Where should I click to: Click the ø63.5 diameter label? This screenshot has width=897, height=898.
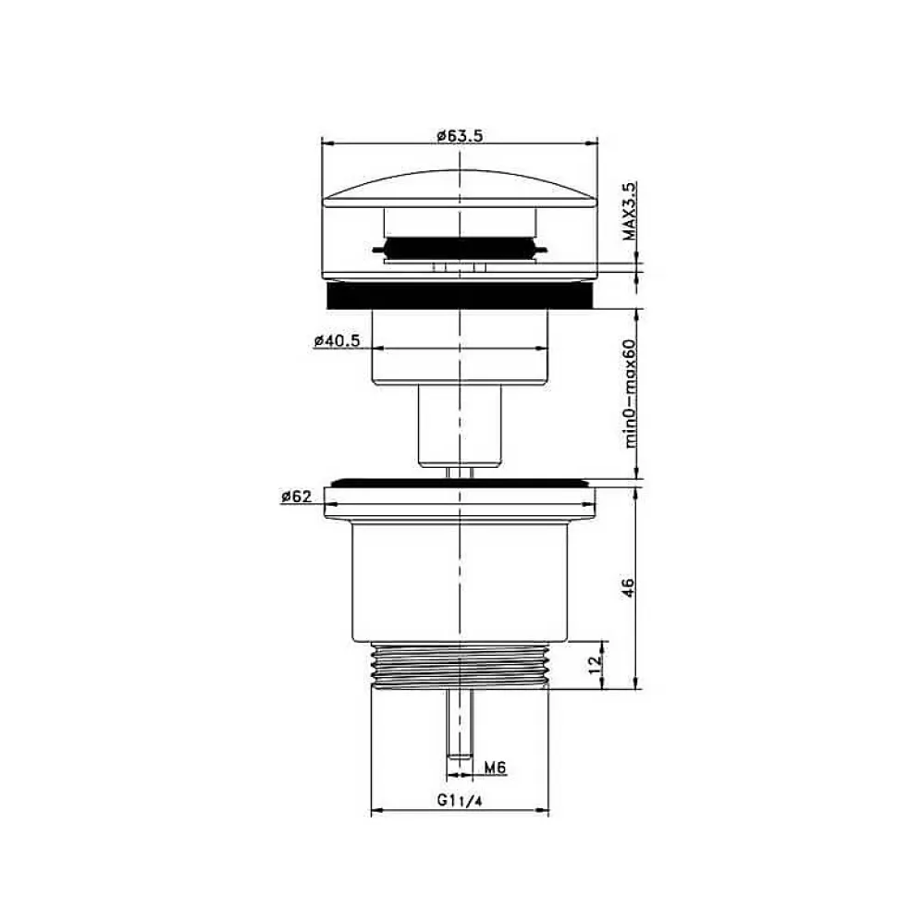(460, 136)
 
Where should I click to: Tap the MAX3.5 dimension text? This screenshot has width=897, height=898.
(630, 212)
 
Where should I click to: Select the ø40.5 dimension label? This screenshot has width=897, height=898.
(337, 340)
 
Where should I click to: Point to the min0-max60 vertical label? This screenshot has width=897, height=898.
(630, 393)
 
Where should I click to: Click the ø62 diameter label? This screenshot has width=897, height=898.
(296, 497)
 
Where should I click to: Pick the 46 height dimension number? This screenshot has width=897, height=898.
(628, 588)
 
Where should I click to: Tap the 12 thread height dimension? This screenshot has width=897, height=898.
(596, 663)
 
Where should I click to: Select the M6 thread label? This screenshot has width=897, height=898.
(496, 767)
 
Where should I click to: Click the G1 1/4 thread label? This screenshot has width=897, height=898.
(460, 800)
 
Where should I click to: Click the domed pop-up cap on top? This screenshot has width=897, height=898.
(460, 188)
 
